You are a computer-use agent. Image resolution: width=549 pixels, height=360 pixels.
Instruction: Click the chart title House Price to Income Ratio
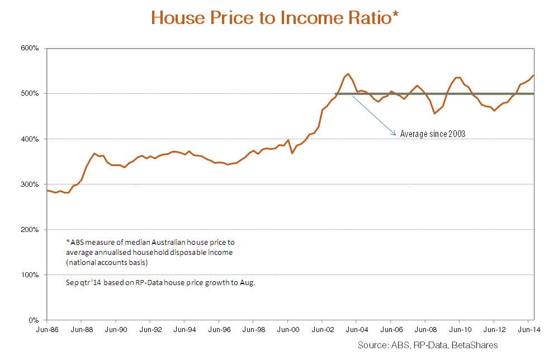(274, 18)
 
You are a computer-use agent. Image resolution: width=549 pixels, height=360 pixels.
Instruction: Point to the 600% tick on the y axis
(30, 48)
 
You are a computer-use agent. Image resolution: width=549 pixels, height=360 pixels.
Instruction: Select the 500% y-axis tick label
(30, 93)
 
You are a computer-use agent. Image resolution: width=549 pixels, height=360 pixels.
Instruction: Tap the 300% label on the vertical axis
(30, 184)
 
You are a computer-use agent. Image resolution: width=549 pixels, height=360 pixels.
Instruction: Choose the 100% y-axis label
(30, 275)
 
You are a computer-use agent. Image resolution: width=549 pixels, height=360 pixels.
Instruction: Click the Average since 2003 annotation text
(433, 134)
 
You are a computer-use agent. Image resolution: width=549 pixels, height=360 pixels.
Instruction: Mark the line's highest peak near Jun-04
(348, 73)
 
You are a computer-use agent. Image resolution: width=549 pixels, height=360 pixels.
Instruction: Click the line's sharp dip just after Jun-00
(292, 153)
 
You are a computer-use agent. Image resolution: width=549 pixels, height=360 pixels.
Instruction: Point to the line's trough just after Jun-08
(434, 113)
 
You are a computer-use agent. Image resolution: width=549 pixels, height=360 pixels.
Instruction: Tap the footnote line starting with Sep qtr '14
(160, 283)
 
